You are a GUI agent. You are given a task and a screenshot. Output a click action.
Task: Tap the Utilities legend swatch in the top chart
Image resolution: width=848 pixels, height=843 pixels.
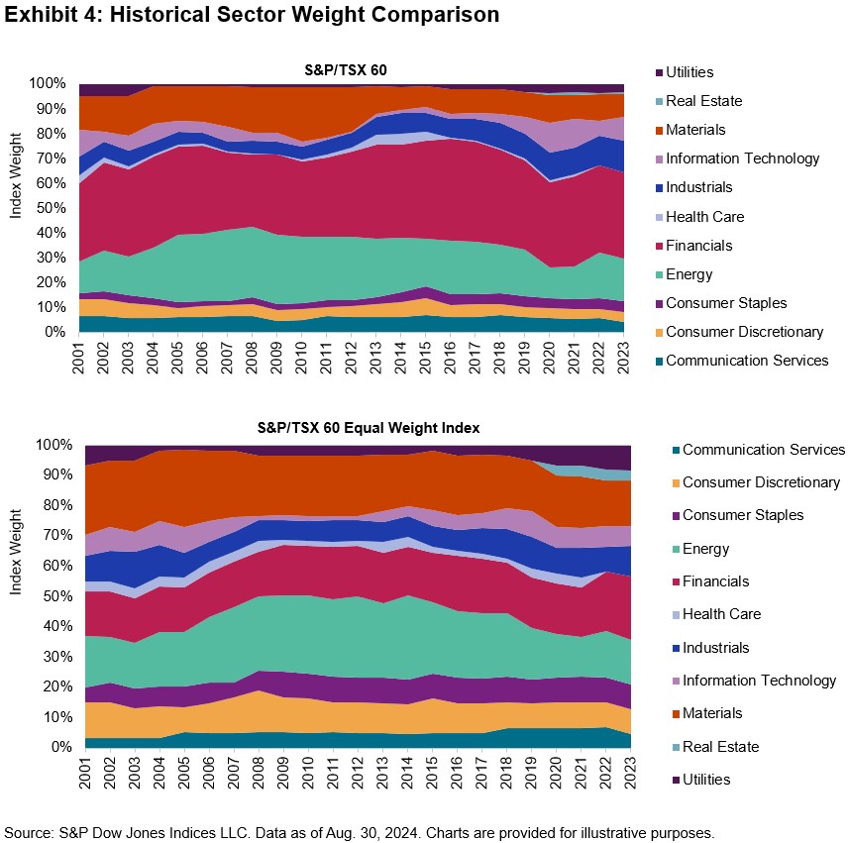655,72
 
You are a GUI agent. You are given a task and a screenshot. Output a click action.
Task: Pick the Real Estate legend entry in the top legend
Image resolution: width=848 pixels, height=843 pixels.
703,101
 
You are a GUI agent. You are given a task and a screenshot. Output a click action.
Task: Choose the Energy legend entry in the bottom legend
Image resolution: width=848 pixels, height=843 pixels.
705,549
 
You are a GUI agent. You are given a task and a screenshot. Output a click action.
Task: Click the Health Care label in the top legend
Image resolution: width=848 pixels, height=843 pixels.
706,216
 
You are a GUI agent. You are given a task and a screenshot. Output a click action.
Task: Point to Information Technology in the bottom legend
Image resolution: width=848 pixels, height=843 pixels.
759,681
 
